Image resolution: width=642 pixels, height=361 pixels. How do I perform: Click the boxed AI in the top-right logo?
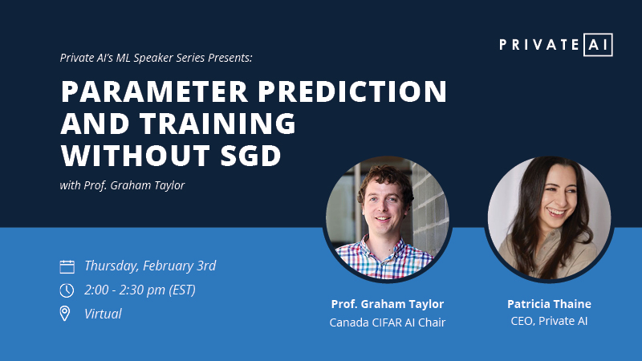point(598,45)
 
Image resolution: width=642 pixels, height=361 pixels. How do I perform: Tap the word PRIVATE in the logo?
point(539,45)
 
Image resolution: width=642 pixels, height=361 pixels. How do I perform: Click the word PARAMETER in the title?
point(154,91)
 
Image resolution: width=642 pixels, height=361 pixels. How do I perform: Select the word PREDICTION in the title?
point(352,91)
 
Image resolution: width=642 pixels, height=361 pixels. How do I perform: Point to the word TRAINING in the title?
point(217,124)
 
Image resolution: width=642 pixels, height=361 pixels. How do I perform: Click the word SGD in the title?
point(250,156)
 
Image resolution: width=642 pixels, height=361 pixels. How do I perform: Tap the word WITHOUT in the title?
point(136,156)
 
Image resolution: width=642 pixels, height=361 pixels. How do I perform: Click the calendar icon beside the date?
point(67,267)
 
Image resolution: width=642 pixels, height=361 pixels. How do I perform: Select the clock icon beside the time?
point(67,290)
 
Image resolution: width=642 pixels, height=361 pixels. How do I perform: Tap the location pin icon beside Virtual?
point(65,314)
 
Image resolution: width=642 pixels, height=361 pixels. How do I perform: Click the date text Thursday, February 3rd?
point(150,266)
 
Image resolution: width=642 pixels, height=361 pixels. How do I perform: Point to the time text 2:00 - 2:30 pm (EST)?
point(140,290)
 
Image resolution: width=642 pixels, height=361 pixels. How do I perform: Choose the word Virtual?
point(103,314)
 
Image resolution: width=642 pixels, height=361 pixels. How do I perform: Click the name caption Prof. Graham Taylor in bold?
point(388,304)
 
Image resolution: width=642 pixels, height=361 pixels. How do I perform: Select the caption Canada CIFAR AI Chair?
point(388,322)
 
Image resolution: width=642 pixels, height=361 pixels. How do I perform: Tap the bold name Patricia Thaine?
point(549,304)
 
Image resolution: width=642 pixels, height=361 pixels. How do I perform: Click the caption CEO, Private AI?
point(549,321)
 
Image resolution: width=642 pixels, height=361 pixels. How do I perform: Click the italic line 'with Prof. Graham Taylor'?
point(122,185)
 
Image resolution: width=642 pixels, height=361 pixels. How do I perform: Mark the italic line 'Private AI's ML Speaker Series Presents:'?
point(156,58)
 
